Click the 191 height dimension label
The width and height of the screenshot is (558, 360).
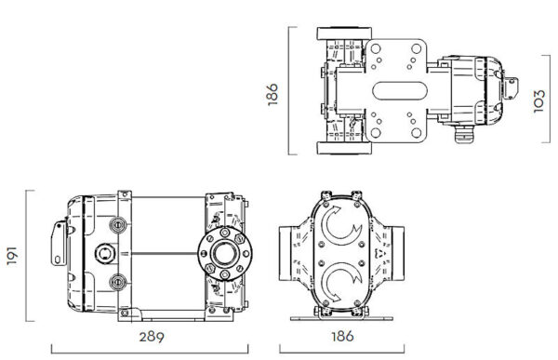pos(12,254)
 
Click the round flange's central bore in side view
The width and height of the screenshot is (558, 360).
pos(222,252)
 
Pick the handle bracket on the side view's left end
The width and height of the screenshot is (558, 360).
pos(60,244)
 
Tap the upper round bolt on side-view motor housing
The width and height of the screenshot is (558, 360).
pos(116,225)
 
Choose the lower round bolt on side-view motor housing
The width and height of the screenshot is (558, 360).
pos(116,280)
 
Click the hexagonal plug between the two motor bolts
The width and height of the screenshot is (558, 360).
pos(103,252)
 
